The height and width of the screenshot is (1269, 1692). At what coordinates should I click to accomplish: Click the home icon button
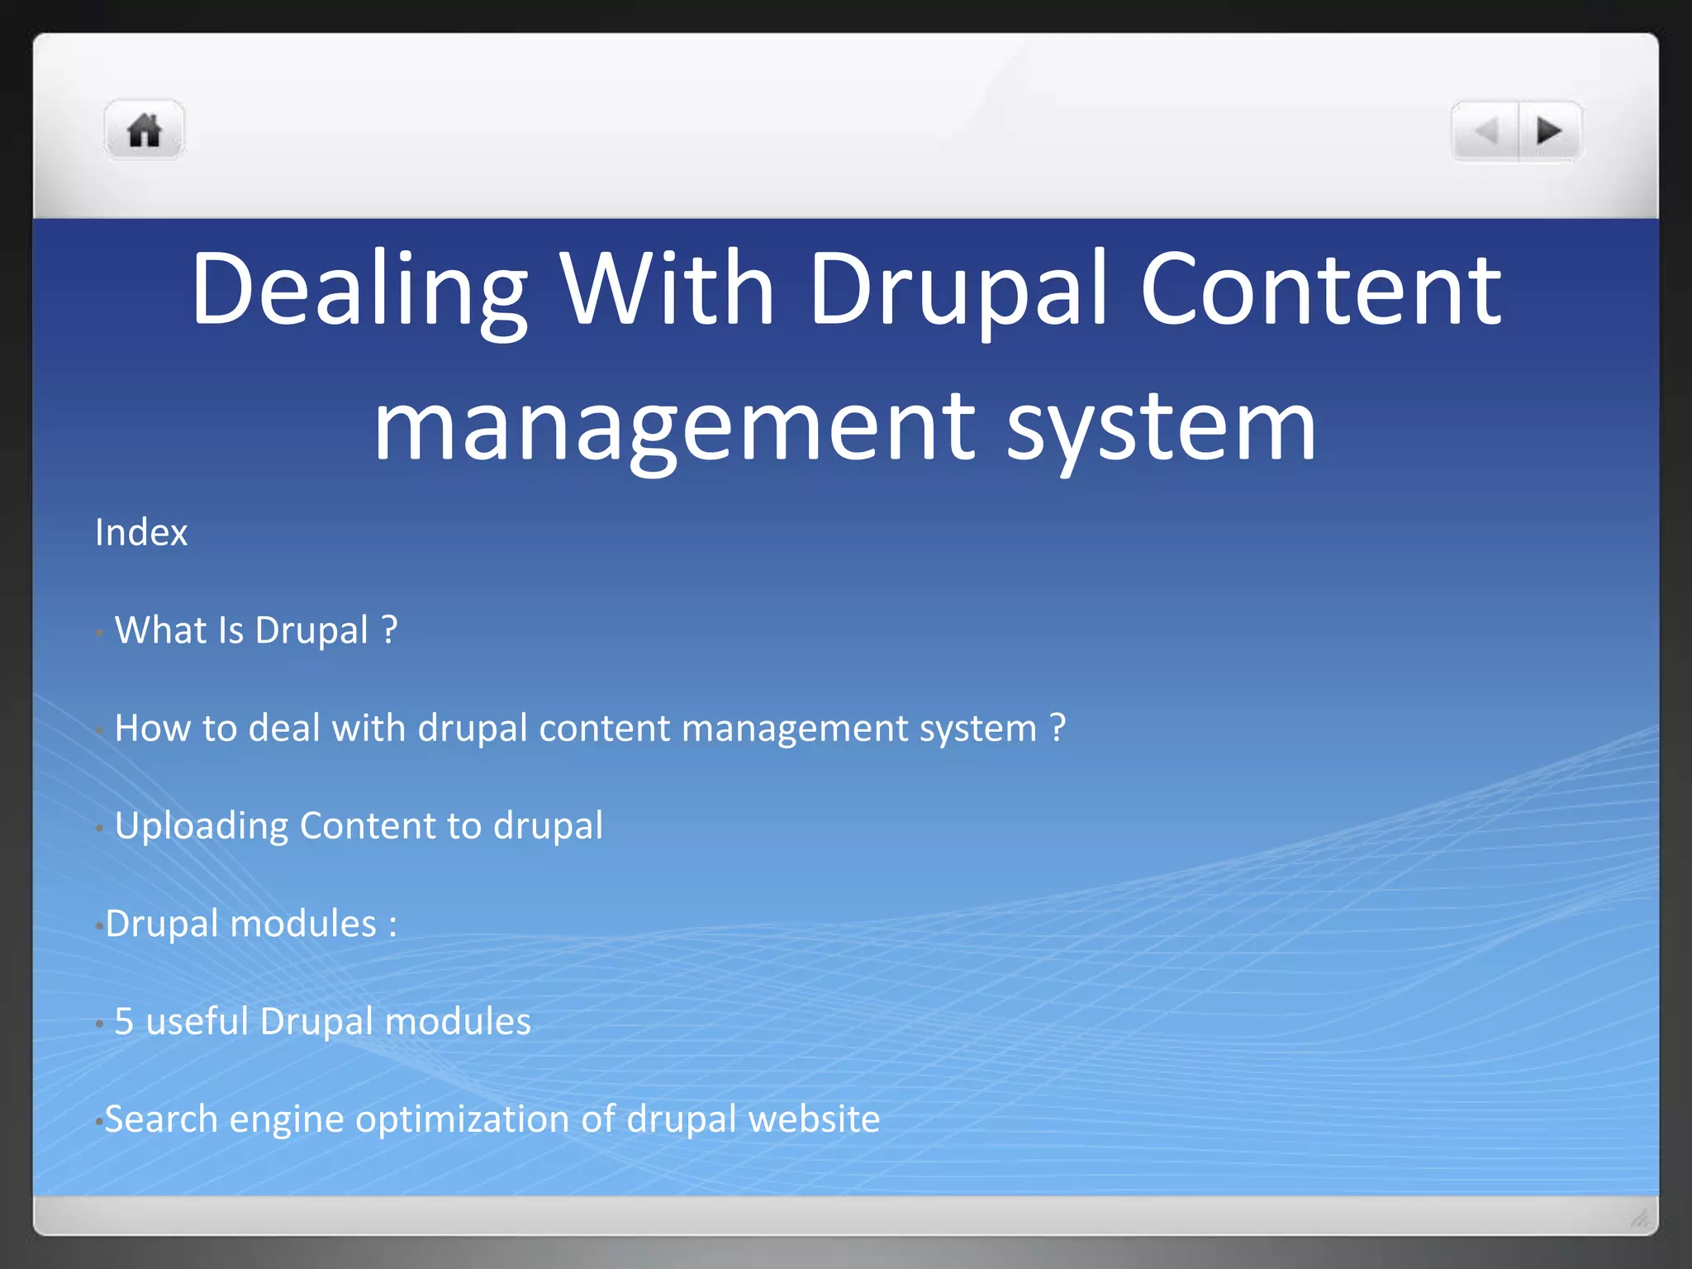144,131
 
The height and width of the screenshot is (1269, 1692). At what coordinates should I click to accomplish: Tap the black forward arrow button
1548,131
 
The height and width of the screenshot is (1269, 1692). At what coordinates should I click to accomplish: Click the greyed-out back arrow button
1487,131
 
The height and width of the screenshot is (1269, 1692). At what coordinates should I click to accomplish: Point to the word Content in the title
1319,289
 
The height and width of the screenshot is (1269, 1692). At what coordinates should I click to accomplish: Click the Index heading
141,533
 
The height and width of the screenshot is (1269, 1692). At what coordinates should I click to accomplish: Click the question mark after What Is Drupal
390,630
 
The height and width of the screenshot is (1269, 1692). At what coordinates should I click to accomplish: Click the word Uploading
202,826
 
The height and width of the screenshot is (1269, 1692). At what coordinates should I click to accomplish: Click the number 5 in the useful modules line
124,1022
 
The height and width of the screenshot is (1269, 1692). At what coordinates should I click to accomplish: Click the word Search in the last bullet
161,1119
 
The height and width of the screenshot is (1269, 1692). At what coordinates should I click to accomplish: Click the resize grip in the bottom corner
1640,1218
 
